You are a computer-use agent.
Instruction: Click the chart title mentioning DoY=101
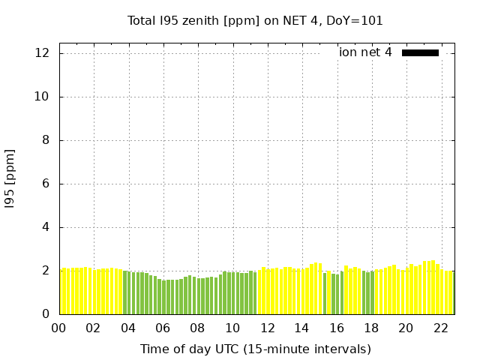point(255,21)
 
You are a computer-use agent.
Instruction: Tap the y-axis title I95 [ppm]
point(10,178)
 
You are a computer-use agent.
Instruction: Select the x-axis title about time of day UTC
point(255,349)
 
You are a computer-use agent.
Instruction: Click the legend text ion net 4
point(365,52)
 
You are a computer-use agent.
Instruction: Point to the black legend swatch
point(420,52)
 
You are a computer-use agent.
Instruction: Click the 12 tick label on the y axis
point(43,53)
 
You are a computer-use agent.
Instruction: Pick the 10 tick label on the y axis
point(43,97)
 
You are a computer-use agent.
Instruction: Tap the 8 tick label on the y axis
point(46,140)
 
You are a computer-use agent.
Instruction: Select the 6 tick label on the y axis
point(46,184)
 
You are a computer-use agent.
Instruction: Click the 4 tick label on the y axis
point(46,227)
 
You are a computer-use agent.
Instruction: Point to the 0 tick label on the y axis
point(46,314)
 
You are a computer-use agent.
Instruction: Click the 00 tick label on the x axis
point(59,328)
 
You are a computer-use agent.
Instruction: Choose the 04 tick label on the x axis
point(128,328)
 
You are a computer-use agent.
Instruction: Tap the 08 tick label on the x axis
point(198,328)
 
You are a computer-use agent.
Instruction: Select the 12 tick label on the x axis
point(267,328)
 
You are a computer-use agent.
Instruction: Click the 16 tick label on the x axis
point(337,328)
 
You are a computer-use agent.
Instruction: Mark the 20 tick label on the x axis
point(406,328)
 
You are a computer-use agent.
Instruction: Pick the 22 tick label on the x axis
point(440,328)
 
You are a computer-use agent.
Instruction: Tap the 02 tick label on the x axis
point(94,328)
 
